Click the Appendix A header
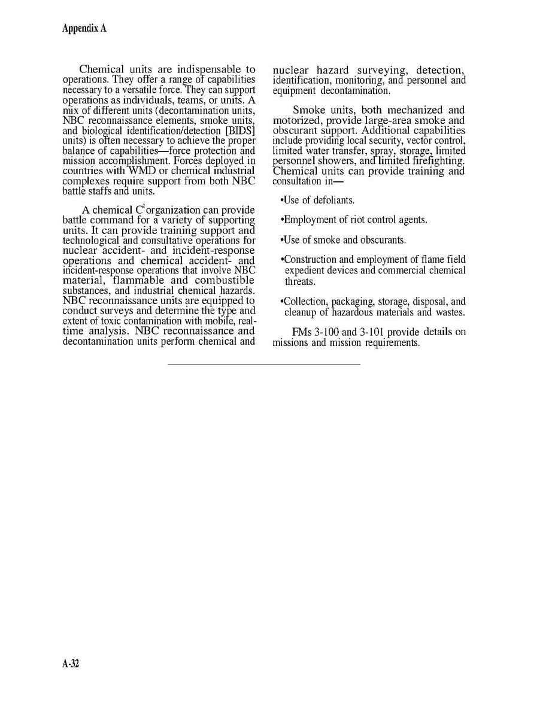84,29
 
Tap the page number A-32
71,664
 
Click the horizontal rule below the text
263,364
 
